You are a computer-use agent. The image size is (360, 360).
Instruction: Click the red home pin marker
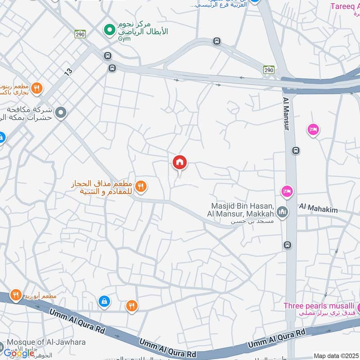click(180, 163)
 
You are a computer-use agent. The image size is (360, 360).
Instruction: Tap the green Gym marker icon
click(108, 30)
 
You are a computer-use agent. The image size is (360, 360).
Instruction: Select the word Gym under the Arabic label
click(125, 39)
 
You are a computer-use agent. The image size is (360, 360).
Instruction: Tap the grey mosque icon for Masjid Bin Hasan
click(282, 211)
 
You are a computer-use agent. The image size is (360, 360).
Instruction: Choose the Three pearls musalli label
click(319, 306)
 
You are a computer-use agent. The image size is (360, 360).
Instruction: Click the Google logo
click(19, 353)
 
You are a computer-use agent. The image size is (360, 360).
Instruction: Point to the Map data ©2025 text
click(335, 355)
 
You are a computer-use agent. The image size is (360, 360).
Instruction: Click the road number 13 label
click(68, 71)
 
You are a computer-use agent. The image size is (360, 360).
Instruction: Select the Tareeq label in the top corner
click(345, 6)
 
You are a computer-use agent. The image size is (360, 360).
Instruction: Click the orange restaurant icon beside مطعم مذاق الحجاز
click(141, 186)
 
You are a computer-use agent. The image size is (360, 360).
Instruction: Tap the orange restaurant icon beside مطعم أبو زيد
click(16, 295)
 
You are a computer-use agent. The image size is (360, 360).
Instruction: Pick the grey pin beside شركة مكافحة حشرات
click(62, 113)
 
